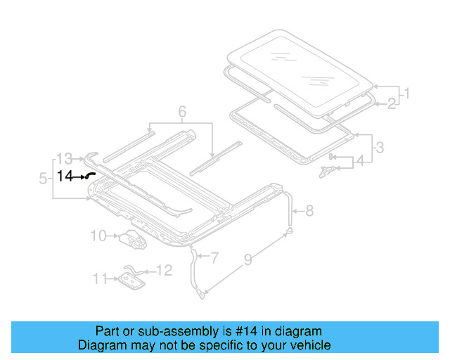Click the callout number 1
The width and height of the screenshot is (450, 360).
(406, 92)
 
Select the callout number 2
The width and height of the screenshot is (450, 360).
(392, 104)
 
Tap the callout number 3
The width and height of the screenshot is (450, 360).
(379, 148)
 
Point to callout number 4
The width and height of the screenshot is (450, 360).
(360, 161)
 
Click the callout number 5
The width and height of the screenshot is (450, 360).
(44, 179)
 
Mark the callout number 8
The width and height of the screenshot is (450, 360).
(310, 210)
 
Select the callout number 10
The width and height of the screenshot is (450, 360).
(98, 236)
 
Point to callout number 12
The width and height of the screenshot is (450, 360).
(163, 270)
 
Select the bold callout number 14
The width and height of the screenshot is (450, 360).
(65, 176)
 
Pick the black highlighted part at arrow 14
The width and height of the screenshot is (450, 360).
(91, 177)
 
